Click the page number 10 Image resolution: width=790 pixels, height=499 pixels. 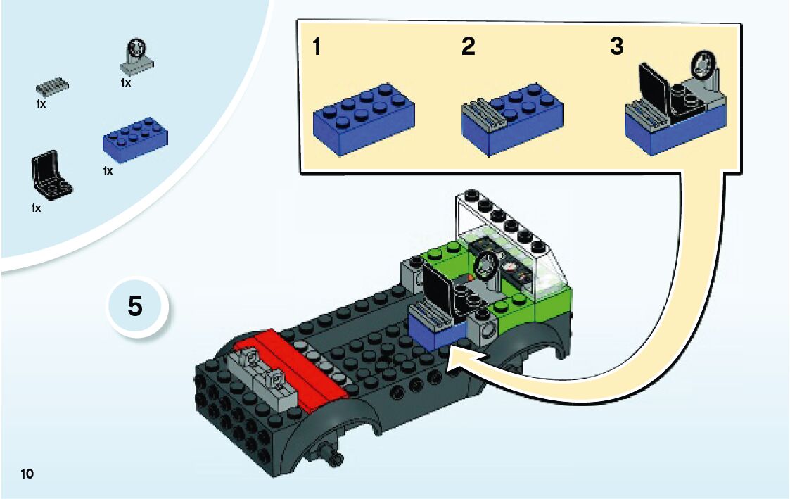click(27, 474)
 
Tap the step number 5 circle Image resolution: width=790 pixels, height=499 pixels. click(135, 307)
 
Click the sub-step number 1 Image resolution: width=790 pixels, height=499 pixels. click(317, 47)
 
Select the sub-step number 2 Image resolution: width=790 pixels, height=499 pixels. click(468, 47)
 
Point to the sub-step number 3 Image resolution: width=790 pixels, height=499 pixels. click(616, 47)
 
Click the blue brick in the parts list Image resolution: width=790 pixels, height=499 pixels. click(134, 140)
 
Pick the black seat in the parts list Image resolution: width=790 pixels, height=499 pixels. click(51, 173)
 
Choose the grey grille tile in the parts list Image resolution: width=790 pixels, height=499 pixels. click(53, 87)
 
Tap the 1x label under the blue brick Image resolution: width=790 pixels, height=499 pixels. click(108, 171)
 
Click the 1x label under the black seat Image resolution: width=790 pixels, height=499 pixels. click(36, 208)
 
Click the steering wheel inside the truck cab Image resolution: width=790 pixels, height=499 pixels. click(484, 267)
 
